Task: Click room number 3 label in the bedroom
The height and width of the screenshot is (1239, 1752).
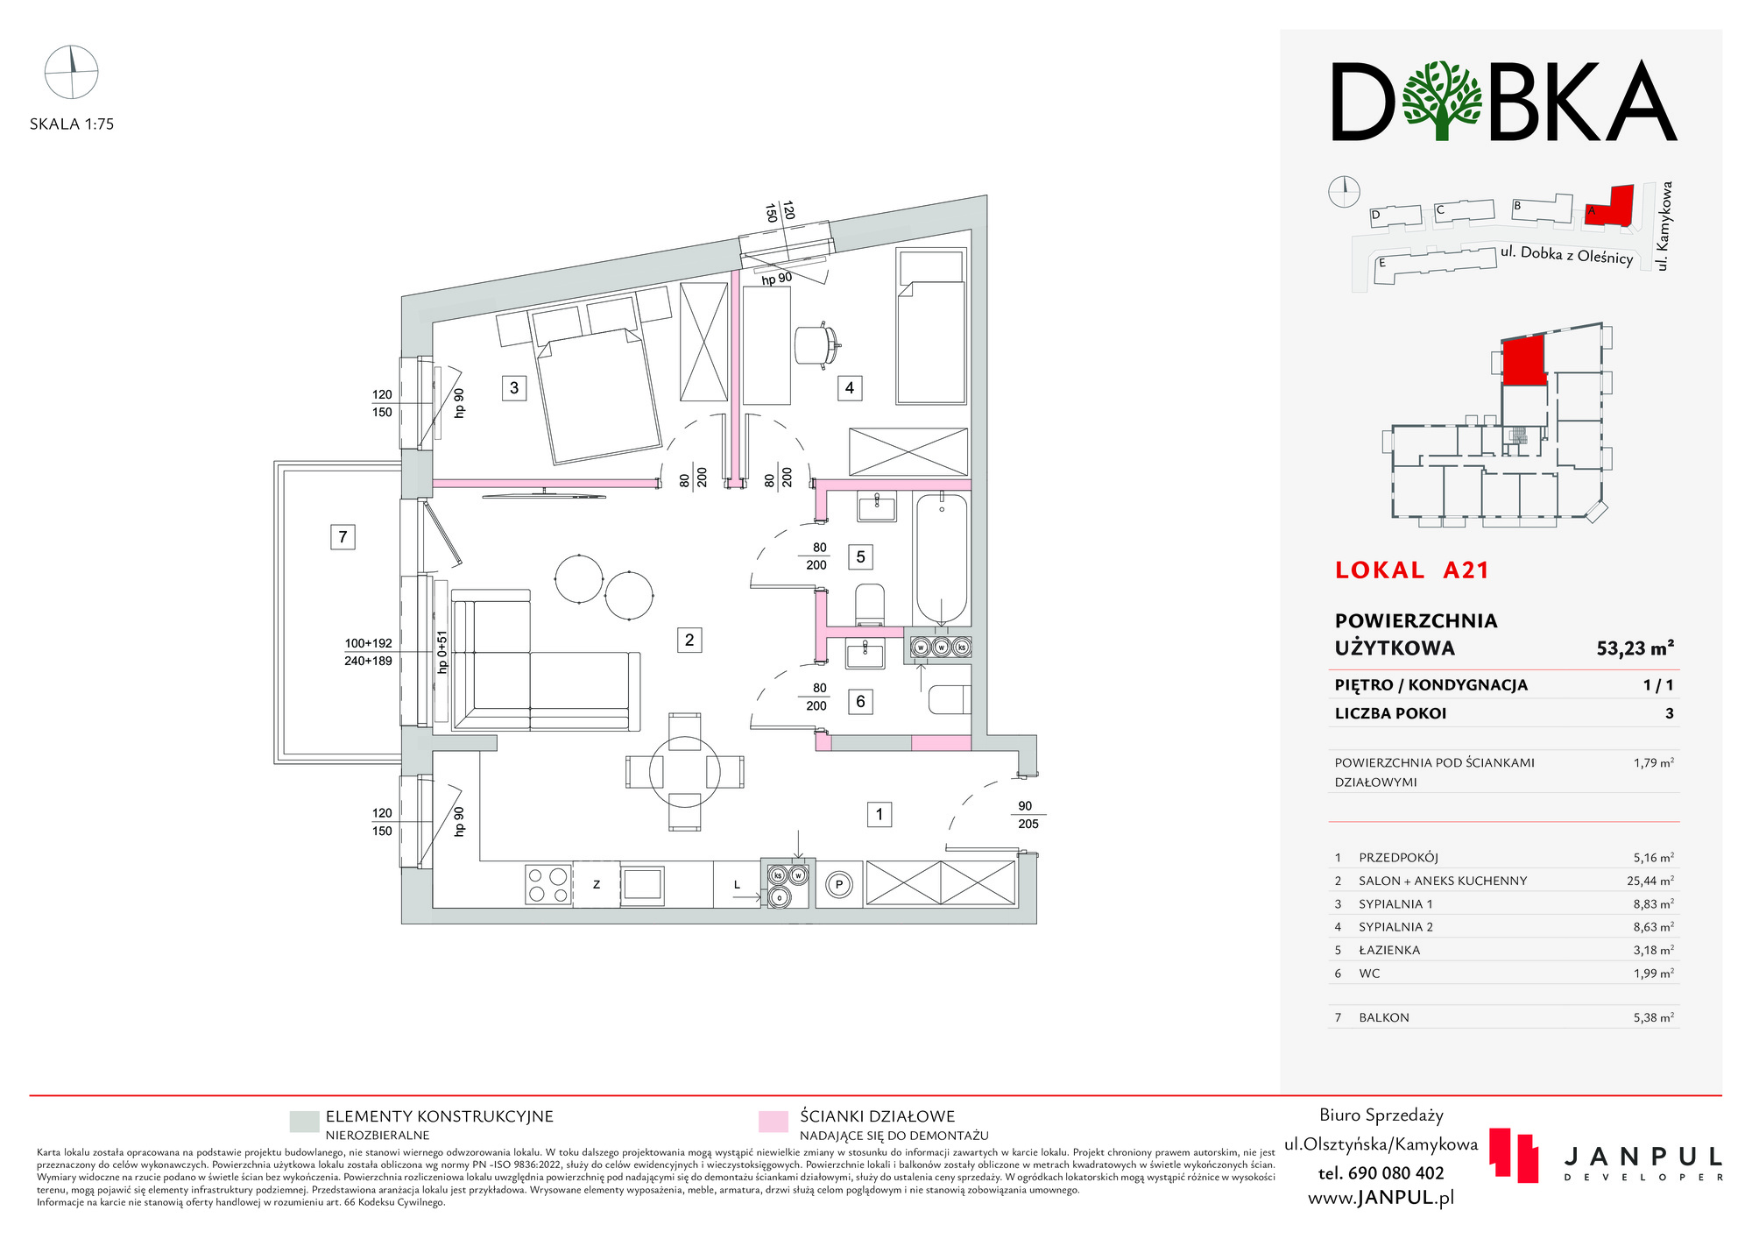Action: coord(514,387)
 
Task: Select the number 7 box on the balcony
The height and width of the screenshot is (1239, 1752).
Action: coord(343,536)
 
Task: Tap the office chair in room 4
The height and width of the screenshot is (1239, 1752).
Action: coord(816,343)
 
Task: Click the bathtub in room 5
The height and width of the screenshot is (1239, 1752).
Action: coord(942,558)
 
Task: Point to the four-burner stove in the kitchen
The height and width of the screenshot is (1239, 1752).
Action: coord(547,883)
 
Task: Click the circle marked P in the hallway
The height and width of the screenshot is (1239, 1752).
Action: coord(839,884)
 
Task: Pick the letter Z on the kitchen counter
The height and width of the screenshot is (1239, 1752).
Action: coord(597,885)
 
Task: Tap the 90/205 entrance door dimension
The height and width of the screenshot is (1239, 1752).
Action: coord(1027,815)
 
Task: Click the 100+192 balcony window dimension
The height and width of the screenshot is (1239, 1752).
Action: coord(368,643)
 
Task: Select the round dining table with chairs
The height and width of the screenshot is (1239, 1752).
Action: coord(685,772)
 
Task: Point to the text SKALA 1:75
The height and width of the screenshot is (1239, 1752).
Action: coord(72,124)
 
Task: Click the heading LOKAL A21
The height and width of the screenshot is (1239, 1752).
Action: coord(1411,570)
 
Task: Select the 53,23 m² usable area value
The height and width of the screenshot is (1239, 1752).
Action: coord(1635,648)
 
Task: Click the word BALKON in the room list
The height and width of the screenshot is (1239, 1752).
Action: coord(1384,1017)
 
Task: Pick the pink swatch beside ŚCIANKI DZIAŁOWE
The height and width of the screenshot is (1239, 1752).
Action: coord(774,1122)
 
